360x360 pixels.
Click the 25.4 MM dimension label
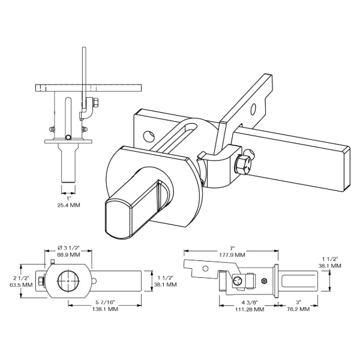[68, 205]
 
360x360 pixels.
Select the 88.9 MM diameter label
[68, 255]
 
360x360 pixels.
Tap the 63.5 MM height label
[21, 285]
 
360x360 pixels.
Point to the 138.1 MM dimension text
[105, 309]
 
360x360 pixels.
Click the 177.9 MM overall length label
[232, 255]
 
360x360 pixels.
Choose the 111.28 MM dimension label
[250, 310]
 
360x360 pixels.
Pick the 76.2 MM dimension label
[298, 309]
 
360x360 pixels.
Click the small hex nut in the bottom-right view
[264, 281]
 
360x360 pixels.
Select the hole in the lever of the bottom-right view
[206, 268]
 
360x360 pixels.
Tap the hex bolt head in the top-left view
[96, 103]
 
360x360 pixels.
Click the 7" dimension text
[232, 248]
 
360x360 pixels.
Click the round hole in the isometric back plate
[148, 136]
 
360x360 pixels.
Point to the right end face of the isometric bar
[347, 169]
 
